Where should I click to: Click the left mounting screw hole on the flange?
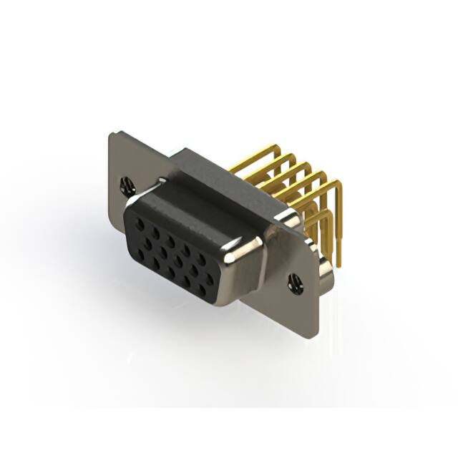click(128, 186)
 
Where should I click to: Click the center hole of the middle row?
click(164, 254)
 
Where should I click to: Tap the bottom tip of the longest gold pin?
click(338, 265)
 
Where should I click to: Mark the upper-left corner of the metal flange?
click(112, 135)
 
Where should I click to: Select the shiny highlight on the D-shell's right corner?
click(236, 250)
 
